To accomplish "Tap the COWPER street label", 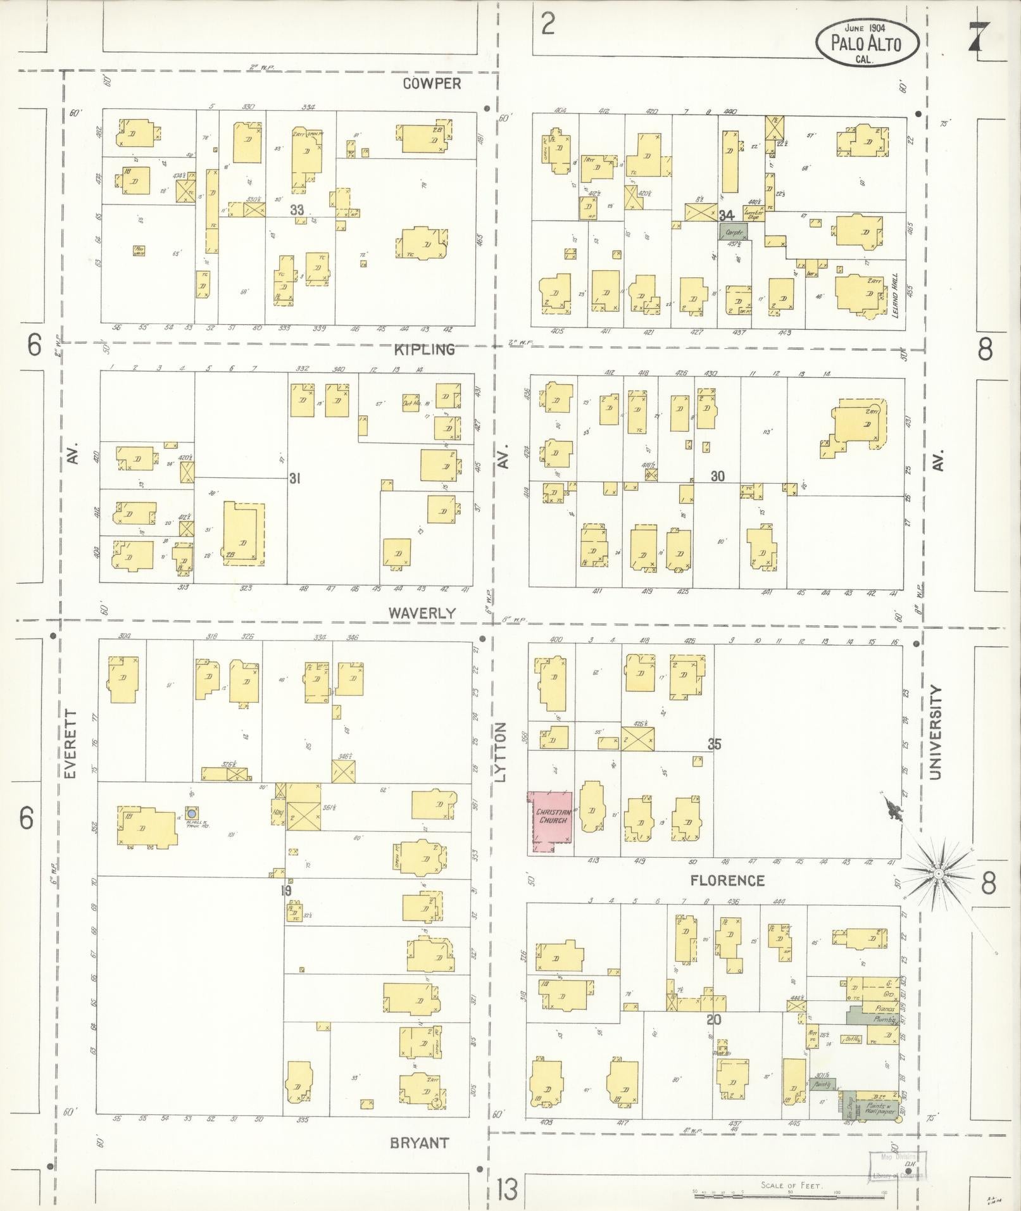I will pos(434,84).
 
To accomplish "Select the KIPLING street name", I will pos(424,349).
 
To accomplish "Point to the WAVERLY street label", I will pos(422,613).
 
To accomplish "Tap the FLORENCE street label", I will pos(727,881).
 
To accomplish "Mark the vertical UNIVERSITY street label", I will pos(936,732).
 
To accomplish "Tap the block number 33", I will pos(298,210).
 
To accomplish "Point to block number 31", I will pos(294,479).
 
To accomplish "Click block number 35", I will pos(714,744).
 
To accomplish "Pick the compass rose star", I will pos(937,874).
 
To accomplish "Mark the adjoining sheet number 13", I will pos(507,1188).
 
